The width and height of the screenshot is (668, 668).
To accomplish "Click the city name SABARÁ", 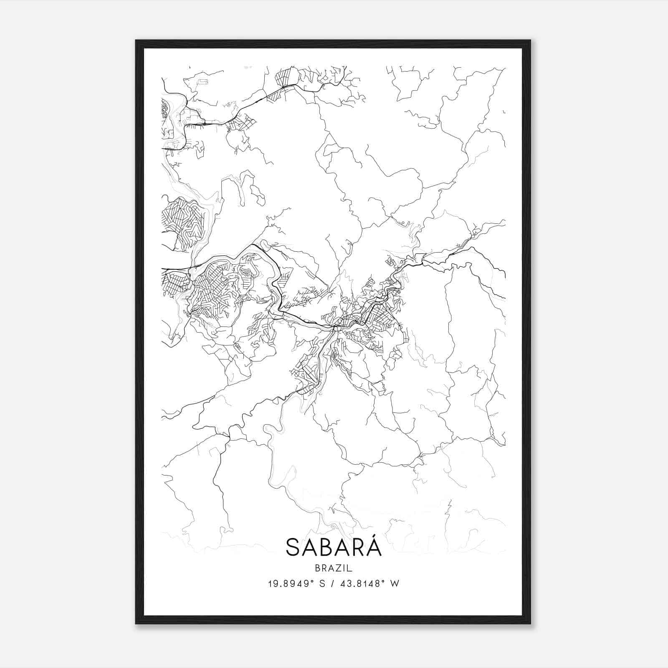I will pos(334,547).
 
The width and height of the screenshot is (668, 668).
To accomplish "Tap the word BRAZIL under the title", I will pos(334,568).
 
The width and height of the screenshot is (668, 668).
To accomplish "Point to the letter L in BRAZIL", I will pos(350,568).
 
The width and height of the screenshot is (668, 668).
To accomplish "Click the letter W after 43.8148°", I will pos(395,584).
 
